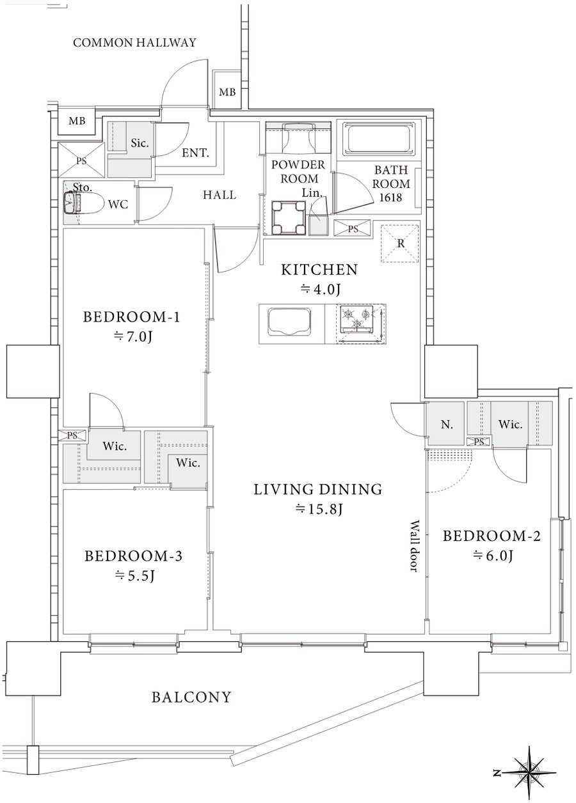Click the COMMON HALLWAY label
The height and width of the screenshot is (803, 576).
click(134, 43)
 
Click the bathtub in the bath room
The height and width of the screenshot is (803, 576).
click(380, 139)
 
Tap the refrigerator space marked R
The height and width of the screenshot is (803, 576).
click(400, 244)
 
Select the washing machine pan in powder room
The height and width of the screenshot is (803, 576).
click(289, 217)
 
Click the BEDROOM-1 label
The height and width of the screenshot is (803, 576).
click(131, 317)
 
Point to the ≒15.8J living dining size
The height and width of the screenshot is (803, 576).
click(319, 508)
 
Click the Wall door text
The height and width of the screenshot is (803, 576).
click(415, 546)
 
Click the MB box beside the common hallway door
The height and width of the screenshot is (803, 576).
click(228, 92)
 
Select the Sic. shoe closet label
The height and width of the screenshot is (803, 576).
click(140, 143)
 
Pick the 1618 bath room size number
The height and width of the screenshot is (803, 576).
click(391, 197)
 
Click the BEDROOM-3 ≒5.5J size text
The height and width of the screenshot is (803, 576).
click(134, 576)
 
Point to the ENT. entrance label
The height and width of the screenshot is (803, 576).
click(195, 153)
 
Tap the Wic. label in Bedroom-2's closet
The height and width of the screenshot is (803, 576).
click(510, 425)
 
